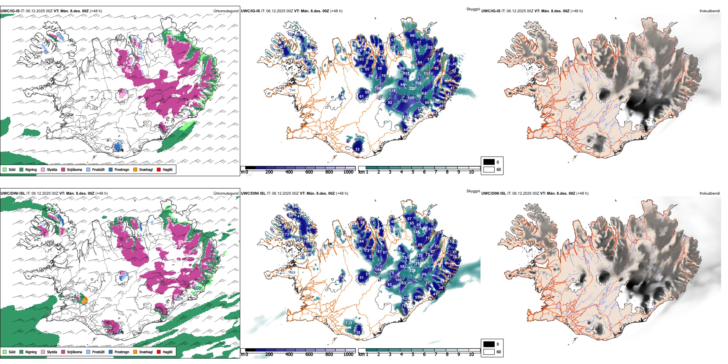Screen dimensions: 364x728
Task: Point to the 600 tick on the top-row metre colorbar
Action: tap(309, 172)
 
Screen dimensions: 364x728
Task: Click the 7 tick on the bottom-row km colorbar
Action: tap(436, 354)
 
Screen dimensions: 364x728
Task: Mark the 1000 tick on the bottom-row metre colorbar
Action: tap(348, 354)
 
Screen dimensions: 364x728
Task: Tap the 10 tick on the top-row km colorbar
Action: tap(471, 172)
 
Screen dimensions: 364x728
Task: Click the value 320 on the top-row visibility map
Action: tap(412, 89)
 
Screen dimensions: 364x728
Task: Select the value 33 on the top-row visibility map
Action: tap(357, 149)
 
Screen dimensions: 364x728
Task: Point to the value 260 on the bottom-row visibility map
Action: tap(398, 229)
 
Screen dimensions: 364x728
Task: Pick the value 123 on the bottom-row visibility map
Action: tap(349, 323)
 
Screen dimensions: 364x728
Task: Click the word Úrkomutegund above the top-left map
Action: tap(226, 11)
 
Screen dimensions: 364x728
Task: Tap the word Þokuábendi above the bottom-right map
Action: tap(710, 193)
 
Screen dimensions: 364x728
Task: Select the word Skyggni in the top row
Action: tap(473, 9)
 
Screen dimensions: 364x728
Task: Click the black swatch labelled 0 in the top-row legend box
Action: tap(489, 162)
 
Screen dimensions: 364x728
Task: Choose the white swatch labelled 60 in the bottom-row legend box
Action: tap(489, 352)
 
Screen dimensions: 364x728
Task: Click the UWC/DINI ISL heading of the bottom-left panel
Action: tap(13, 193)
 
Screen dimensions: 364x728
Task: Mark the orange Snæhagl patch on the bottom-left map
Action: tap(85, 299)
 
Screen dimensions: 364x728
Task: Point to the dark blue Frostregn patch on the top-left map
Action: tap(117, 146)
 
